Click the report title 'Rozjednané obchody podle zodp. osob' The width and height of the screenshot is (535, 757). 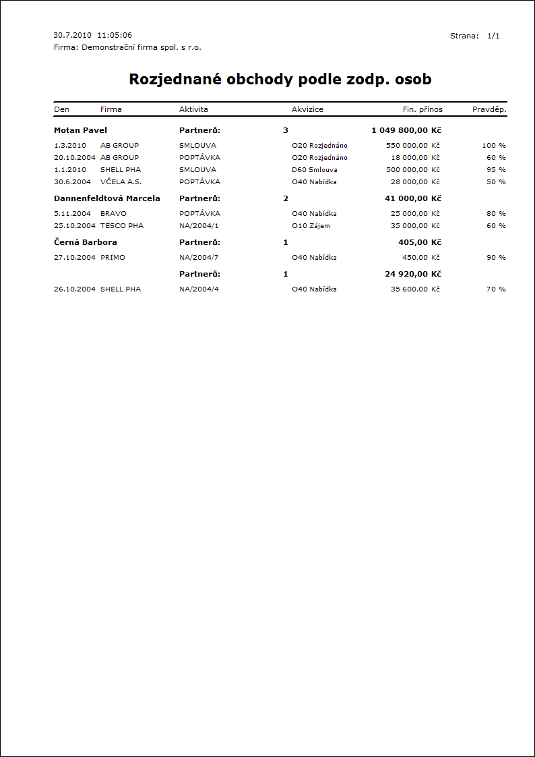[x=280, y=80]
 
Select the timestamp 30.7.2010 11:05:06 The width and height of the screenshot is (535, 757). [x=92, y=35]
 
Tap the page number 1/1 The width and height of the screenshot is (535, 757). [x=493, y=36]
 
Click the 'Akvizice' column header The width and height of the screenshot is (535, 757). [x=307, y=109]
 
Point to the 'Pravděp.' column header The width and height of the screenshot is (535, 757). [x=489, y=109]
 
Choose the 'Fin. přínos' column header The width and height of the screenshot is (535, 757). [x=418, y=109]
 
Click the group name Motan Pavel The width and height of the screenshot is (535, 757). [x=80, y=130]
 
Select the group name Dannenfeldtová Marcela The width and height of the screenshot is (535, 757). [x=106, y=198]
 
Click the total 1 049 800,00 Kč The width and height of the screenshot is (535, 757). [x=406, y=130]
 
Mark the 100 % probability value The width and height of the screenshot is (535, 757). [x=494, y=145]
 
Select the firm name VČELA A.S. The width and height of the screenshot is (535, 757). [x=121, y=181]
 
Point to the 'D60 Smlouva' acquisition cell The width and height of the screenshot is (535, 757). [x=315, y=169]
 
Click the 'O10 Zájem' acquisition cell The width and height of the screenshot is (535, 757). [x=311, y=225]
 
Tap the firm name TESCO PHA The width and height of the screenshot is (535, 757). [x=122, y=225]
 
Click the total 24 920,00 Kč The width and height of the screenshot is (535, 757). [x=413, y=274]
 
